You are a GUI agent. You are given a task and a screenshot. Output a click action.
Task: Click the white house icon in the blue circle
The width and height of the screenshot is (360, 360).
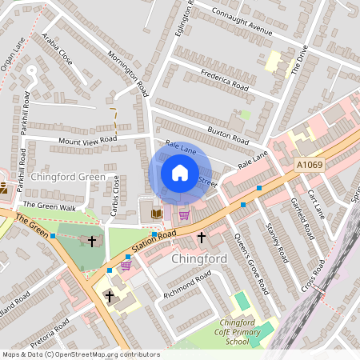180,173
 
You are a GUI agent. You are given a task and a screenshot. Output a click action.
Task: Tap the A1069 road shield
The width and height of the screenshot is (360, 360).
310,165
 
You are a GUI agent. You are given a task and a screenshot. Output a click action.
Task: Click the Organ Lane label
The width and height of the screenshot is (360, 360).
14,57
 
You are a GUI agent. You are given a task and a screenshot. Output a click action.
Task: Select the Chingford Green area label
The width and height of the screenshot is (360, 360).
67,176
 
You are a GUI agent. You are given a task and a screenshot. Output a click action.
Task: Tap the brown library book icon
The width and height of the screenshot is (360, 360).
156,214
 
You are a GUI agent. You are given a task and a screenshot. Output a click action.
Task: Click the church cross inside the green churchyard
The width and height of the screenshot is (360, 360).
92,240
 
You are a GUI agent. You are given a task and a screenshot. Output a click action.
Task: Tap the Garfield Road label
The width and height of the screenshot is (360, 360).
302,219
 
